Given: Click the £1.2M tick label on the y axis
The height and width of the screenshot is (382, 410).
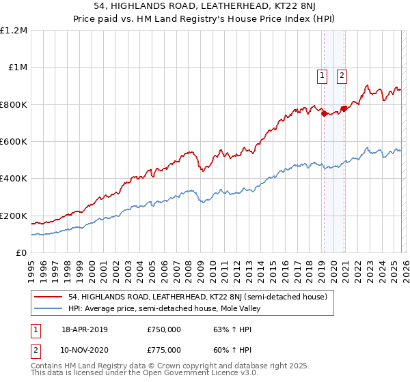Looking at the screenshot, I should pyautogui.click(x=14, y=31).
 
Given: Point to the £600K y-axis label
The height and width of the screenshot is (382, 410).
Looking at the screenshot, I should pyautogui.click(x=14, y=141).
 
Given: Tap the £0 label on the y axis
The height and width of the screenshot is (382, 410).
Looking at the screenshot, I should pyautogui.click(x=21, y=252).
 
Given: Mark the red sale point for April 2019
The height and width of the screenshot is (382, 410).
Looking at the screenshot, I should pyautogui.click(x=324, y=114).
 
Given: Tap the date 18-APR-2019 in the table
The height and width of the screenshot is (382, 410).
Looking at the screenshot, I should pyautogui.click(x=84, y=329).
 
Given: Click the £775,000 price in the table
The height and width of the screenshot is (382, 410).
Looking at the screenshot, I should pyautogui.click(x=164, y=349).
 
